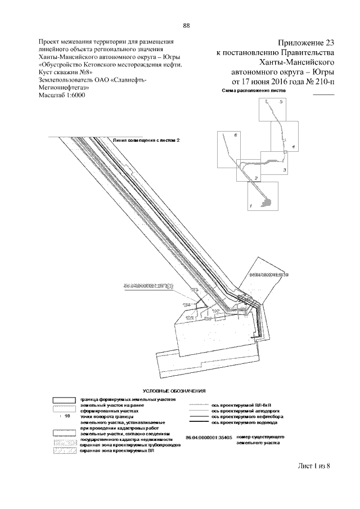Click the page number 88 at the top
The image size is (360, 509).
186,25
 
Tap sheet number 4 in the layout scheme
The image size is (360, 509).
286,146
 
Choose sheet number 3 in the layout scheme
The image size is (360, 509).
284,170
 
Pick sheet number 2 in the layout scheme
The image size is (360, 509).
256,178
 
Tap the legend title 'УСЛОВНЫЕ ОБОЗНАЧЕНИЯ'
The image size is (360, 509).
174,390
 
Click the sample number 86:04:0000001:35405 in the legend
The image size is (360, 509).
208,437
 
